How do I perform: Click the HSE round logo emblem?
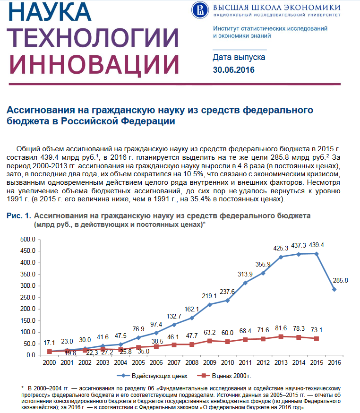tap(200, 10)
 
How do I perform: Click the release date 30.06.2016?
tap(233, 70)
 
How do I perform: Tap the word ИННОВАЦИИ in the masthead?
tap(94, 65)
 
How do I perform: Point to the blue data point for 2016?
tap(334, 289)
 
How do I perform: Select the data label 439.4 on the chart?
tap(316, 245)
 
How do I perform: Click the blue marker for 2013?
tap(281, 257)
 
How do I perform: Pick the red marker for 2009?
tap(210, 341)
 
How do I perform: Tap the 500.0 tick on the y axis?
tap(28, 239)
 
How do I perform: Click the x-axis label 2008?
tap(192, 362)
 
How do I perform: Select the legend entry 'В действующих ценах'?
tap(152, 376)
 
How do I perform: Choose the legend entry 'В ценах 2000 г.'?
tap(224, 376)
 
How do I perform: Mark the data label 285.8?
tap(340, 280)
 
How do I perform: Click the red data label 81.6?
tap(281, 328)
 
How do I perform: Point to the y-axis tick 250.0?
tap(28, 297)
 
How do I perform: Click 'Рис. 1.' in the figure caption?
tap(19, 216)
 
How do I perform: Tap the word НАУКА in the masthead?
tap(50, 12)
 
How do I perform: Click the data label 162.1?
tap(191, 309)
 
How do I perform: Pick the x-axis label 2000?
tap(49, 362)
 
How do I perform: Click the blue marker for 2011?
tap(245, 283)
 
